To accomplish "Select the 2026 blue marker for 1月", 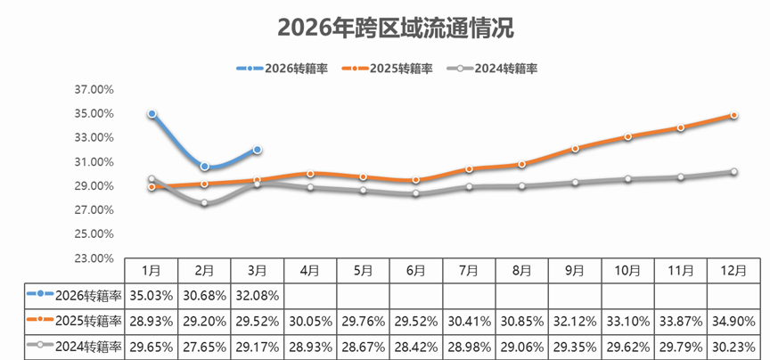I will pos(152,114).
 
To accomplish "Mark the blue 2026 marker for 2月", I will pos(205,167).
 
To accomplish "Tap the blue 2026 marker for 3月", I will pos(258,150).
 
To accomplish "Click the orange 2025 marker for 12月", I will pos(734,116).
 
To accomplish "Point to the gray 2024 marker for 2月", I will pos(205,203).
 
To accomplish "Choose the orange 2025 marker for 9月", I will pos(576,149).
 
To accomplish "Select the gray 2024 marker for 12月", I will pos(734,172).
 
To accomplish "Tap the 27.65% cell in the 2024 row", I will pos(205,347).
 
